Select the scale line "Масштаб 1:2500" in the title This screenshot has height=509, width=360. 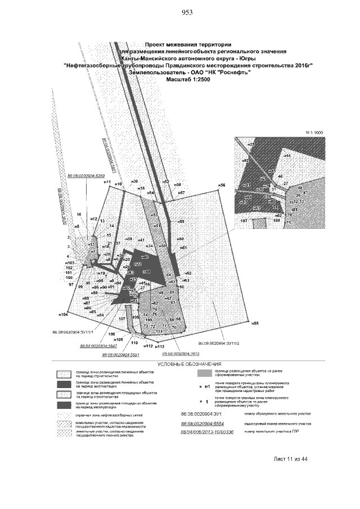[188, 80]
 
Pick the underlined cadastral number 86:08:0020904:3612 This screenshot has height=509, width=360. [181, 354]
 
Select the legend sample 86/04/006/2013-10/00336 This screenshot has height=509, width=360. [204, 431]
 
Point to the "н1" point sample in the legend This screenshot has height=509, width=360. [207, 387]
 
